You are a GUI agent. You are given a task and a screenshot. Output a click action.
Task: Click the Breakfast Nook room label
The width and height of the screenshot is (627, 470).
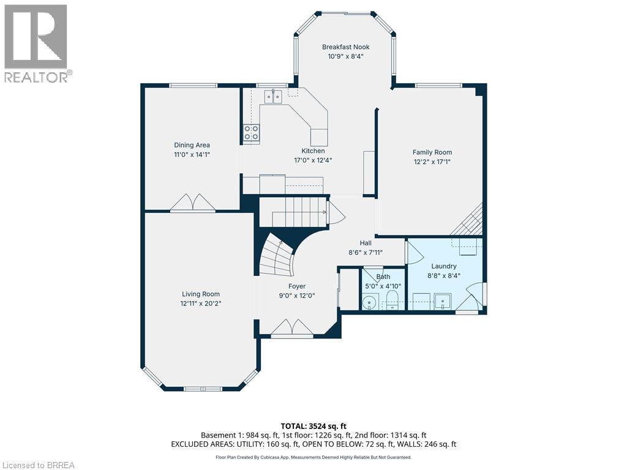coord(346,47)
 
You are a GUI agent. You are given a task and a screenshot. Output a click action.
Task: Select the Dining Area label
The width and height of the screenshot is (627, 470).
coord(192,145)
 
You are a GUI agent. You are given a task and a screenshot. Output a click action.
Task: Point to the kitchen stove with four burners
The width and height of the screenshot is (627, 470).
coord(251,132)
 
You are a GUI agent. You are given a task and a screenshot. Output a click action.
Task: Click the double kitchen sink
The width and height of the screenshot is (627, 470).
coord(273,96)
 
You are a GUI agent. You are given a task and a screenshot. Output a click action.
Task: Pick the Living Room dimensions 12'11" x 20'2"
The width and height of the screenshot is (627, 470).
coord(200,304)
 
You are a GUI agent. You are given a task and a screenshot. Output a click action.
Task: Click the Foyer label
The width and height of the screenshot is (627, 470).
coord(297,286)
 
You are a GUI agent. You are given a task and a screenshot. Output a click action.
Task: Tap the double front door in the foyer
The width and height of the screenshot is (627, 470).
coord(292,328)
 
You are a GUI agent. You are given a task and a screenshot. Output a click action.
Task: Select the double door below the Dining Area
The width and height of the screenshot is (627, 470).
coord(192,203)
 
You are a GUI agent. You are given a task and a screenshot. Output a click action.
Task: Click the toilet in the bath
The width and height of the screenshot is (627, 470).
coord(392,299)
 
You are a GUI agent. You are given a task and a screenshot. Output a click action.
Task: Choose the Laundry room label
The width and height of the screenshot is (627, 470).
coord(444,266)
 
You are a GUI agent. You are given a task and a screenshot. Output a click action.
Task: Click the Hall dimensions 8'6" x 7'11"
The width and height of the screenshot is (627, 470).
coord(366,252)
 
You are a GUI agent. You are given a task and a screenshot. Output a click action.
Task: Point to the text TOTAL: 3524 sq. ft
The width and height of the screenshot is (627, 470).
coord(313,426)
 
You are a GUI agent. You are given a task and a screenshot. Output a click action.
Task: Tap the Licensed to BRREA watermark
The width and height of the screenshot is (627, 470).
coord(38,465)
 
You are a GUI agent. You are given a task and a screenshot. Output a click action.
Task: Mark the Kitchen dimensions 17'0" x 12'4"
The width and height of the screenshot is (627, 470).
coord(313,160)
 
